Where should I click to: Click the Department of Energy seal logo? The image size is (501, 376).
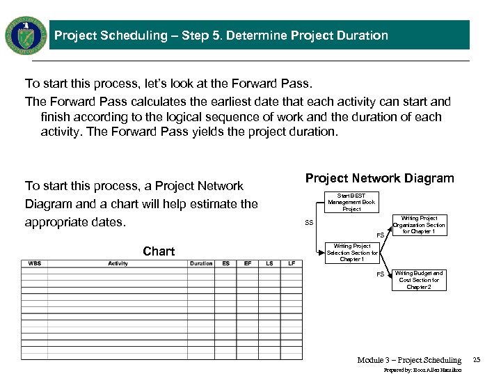[26, 35]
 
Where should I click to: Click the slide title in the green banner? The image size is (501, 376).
[221, 36]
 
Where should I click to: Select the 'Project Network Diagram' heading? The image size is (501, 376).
[379, 178]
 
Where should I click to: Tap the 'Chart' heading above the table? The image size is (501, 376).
[159, 251]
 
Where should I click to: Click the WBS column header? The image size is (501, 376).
[34, 264]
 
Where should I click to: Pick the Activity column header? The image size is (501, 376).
[118, 264]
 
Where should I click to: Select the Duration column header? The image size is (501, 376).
[201, 264]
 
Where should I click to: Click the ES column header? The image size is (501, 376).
[226, 264]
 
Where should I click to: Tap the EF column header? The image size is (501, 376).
[248, 264]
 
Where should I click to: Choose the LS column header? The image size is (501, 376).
[269, 264]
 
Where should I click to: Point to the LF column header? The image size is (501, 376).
[292, 264]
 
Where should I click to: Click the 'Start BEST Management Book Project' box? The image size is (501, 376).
[351, 203]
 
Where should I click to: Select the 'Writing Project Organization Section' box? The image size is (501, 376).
[419, 225]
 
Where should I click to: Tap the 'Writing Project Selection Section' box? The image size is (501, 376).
[352, 253]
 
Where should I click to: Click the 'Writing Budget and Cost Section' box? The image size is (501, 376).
[419, 281]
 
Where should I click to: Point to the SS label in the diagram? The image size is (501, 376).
[309, 223]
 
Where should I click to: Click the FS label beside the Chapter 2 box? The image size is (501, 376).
[381, 274]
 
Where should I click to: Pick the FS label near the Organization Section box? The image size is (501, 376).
[381, 235]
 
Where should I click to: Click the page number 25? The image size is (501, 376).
[477, 360]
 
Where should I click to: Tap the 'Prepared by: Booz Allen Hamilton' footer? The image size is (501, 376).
[422, 370]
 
